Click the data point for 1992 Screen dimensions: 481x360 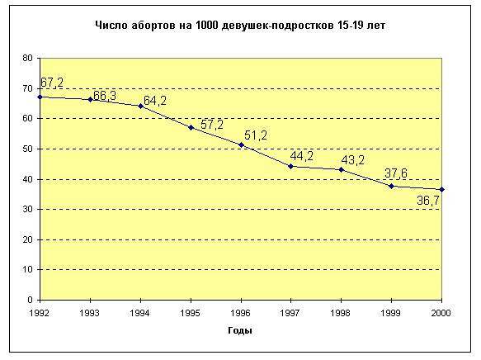tap(40, 97)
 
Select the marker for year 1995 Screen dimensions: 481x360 tap(191, 127)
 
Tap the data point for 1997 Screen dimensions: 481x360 tap(290, 167)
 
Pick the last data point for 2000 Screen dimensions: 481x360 tap(441, 190)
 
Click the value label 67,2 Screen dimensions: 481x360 tap(52, 83)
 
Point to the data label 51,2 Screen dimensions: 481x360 tap(256, 135)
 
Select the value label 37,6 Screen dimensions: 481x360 tap(396, 173)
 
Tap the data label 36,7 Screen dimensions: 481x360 tap(428, 201)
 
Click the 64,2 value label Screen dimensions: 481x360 tap(155, 101)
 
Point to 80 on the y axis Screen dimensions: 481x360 tap(27, 58)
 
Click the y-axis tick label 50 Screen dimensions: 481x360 tap(27, 149)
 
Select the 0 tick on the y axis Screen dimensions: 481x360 tap(30, 300)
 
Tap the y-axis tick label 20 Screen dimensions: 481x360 tap(27, 239)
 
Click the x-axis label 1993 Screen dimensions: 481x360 tap(90, 313)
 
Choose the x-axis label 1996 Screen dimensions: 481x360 tap(241, 313)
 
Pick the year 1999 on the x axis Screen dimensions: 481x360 tap(390, 313)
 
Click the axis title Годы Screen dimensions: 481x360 tap(240, 330)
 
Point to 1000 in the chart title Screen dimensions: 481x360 tap(206, 25)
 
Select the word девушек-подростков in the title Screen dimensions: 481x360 tap(278, 26)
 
